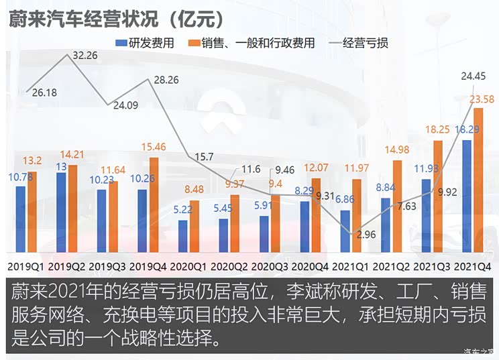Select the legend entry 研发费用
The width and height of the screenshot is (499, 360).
tap(146, 44)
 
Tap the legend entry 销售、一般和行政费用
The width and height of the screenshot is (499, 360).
tap(254, 44)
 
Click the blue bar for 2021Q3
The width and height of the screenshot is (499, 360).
tap(426, 211)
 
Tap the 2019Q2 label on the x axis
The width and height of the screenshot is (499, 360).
tap(67, 267)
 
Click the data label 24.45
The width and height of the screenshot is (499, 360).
tap(474, 76)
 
